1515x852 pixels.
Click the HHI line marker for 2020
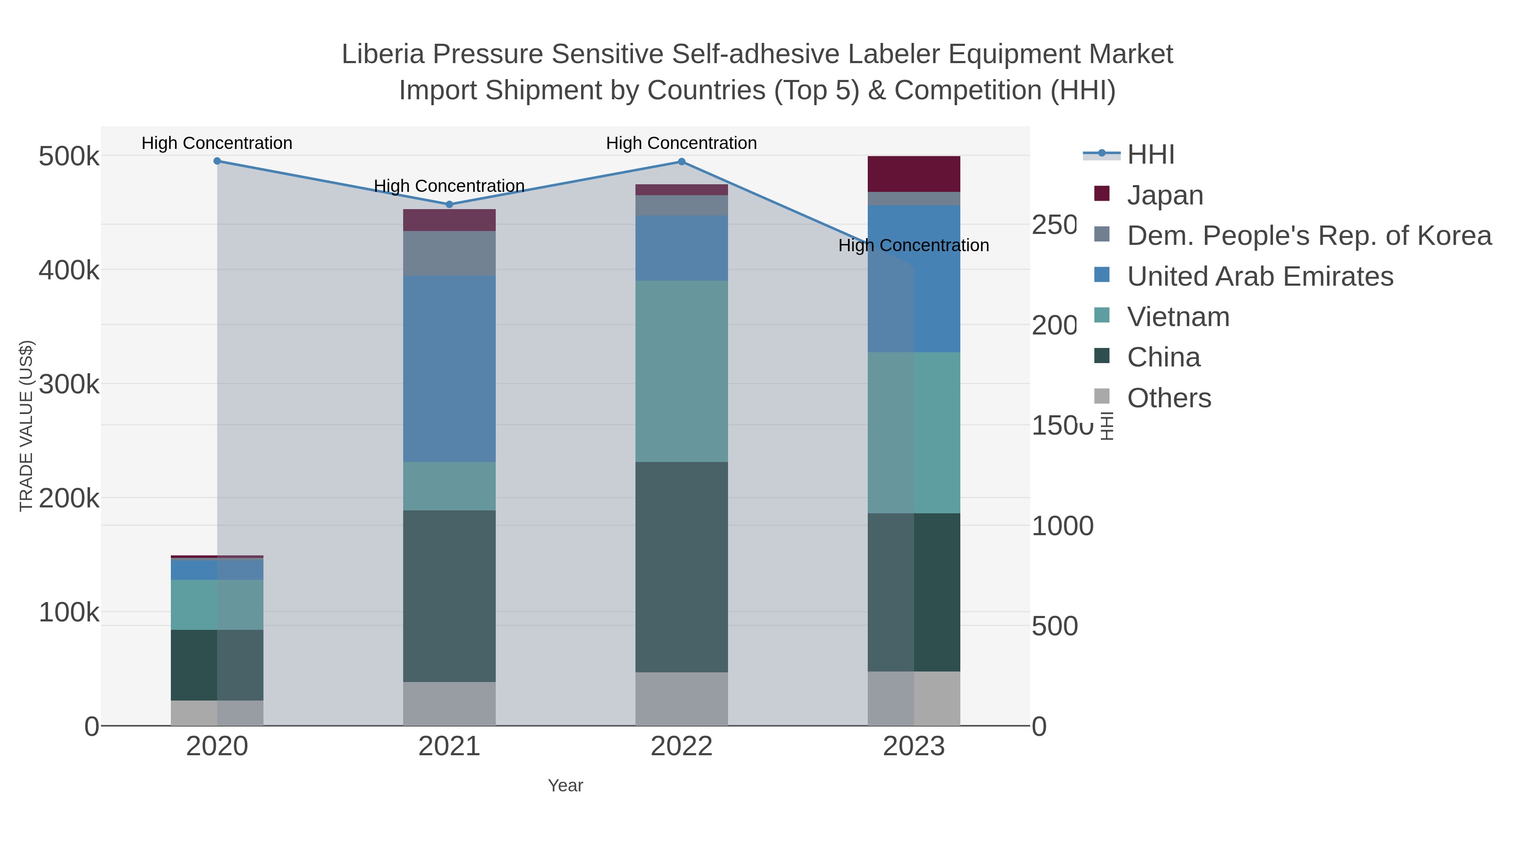click(217, 161)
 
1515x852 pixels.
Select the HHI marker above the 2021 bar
click(449, 204)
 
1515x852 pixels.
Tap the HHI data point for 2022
click(682, 162)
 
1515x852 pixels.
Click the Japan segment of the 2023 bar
click(914, 174)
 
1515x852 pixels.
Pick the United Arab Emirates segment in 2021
click(449, 369)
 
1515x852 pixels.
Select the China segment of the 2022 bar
click(682, 567)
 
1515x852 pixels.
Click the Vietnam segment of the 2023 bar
click(914, 433)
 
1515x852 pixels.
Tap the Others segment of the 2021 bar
click(449, 704)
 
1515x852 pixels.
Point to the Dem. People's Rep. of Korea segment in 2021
click(449, 253)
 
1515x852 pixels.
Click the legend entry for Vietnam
click(1178, 317)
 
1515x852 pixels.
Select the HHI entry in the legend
click(1151, 155)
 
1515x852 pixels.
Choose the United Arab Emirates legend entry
click(1260, 276)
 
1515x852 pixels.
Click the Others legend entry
click(1169, 398)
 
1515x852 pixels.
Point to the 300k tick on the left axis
click(69, 385)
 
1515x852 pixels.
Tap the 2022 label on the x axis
click(682, 747)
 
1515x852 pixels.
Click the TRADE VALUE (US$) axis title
click(27, 426)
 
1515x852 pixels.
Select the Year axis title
click(565, 786)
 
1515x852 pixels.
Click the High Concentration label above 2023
click(913, 245)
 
